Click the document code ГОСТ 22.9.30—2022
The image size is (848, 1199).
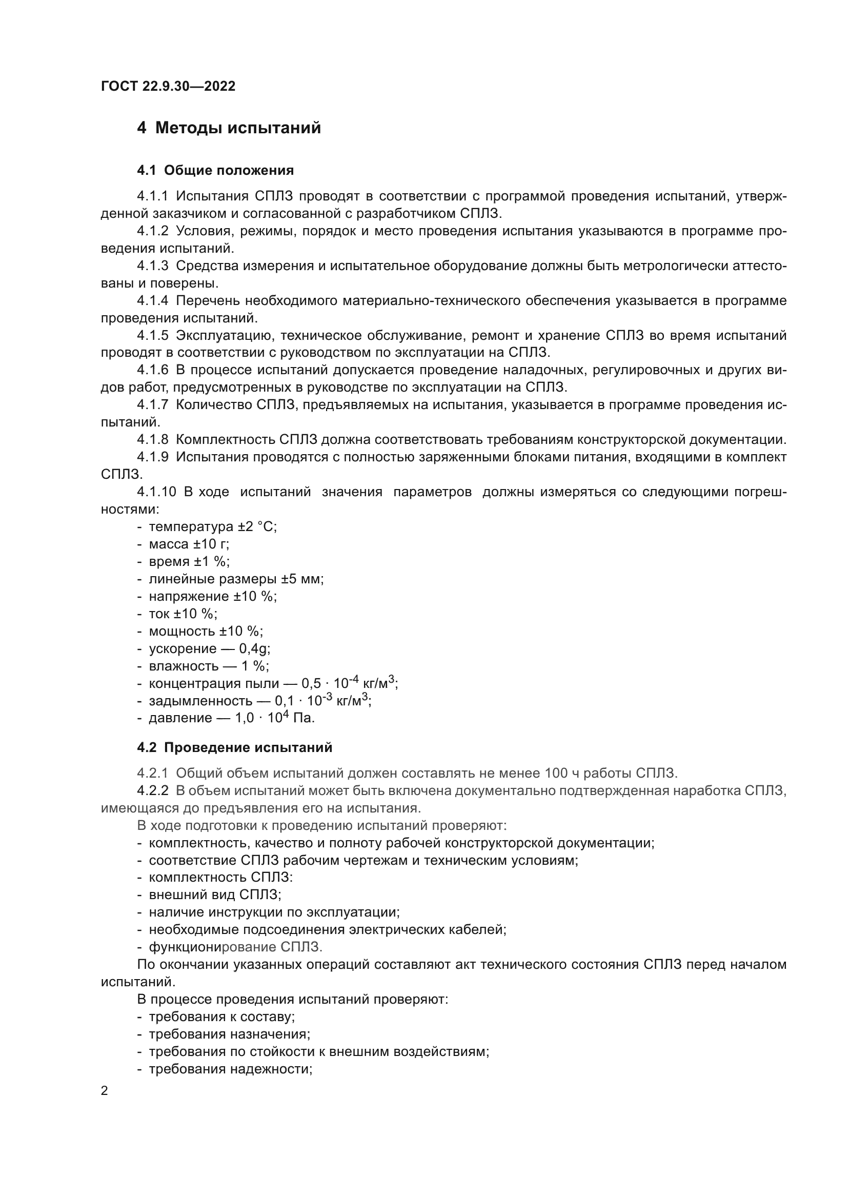click(168, 86)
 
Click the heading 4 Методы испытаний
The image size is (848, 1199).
click(229, 128)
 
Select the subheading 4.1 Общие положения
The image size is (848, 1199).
click(215, 170)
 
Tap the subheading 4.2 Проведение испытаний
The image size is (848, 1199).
click(234, 747)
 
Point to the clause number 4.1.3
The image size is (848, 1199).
click(152, 266)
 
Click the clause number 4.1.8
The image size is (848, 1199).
click(152, 440)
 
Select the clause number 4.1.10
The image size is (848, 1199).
click(157, 492)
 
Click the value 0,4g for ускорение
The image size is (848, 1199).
click(254, 648)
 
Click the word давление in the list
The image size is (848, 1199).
click(180, 718)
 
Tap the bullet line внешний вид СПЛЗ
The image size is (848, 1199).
click(215, 895)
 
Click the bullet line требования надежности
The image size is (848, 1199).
click(230, 1069)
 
